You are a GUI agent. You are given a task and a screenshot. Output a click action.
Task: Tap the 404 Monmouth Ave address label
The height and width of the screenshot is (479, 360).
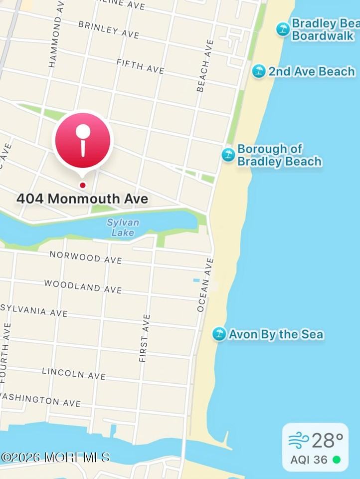82,199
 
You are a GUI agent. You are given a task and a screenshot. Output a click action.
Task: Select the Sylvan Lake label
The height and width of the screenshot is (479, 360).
123,227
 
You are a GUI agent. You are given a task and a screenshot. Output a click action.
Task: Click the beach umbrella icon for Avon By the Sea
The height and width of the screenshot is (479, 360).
219,334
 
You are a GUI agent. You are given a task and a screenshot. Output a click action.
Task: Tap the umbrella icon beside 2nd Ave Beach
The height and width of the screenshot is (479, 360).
258,71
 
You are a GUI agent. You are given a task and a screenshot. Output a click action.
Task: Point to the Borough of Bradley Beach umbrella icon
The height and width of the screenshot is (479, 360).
228,155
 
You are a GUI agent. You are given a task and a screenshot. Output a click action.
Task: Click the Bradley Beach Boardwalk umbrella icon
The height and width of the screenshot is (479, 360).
283,29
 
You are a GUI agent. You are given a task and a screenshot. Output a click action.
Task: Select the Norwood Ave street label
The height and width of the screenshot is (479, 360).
85,257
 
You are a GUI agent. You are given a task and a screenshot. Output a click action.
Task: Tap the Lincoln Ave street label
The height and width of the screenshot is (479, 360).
74,373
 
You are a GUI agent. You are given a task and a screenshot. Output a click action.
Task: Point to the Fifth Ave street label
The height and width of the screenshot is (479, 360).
140,66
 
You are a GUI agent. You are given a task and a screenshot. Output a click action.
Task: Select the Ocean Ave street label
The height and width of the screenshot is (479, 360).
205,285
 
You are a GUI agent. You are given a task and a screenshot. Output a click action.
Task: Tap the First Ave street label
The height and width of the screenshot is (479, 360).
144,338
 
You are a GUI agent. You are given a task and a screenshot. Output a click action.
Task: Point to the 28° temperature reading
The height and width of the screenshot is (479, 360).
328,441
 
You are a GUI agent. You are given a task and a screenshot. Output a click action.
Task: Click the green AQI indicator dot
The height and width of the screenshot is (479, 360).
337,460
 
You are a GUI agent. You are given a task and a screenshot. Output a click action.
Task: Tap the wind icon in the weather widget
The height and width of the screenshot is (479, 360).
298,441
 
